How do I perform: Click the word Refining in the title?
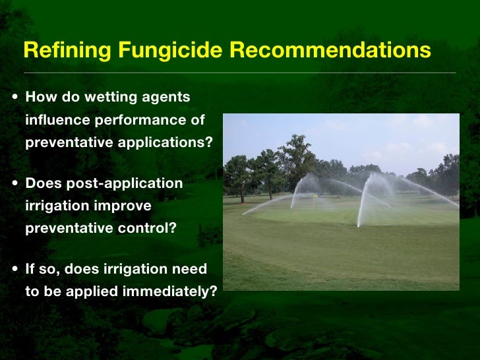(x=61, y=50)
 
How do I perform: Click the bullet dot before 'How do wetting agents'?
(x=15, y=98)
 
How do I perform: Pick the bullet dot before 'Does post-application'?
(x=15, y=183)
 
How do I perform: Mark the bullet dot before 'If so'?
(x=15, y=270)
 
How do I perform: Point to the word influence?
(x=57, y=120)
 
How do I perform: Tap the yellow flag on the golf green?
(x=315, y=196)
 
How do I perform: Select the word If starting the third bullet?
(x=30, y=269)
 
